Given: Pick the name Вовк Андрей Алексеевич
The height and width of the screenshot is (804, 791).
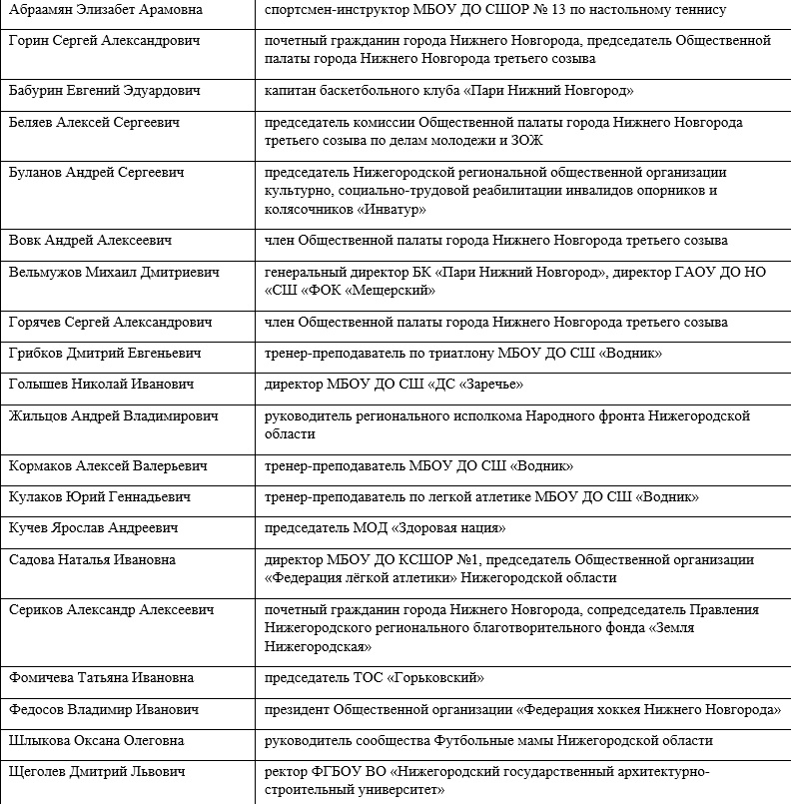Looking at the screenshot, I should [91, 241].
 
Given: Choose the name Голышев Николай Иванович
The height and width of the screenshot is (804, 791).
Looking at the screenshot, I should [101, 385].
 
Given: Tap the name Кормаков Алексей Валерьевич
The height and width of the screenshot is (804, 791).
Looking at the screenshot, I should [108, 466].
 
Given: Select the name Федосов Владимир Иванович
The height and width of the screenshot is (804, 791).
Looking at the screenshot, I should [103, 710].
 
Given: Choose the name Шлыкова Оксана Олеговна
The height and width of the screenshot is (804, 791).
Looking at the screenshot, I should [103, 741].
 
